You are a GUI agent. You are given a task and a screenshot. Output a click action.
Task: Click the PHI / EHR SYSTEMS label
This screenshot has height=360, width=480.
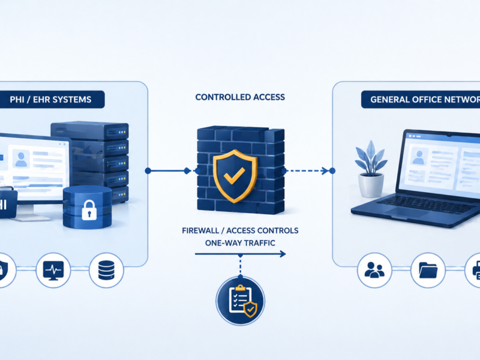(x=50, y=100)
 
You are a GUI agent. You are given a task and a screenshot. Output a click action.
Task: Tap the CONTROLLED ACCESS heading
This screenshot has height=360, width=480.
(x=240, y=97)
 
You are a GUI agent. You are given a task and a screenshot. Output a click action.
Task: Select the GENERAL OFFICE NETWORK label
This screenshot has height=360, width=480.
(x=425, y=100)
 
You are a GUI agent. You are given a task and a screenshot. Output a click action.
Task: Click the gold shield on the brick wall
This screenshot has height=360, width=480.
(x=235, y=175)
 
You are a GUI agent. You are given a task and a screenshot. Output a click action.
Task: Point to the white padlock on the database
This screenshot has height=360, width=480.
(x=89, y=210)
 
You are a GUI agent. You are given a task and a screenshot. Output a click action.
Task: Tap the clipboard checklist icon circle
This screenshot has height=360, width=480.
(x=241, y=301)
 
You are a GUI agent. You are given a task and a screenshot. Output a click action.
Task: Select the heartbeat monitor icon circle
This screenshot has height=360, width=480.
(x=53, y=271)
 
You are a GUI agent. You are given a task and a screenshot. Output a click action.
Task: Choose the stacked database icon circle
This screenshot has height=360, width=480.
(x=106, y=271)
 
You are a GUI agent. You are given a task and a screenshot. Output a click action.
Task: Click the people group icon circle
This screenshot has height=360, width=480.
(x=374, y=271)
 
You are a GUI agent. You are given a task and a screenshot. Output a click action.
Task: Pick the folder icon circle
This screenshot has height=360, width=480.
(x=428, y=271)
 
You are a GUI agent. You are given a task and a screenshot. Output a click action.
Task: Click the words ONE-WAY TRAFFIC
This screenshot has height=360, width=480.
(x=240, y=243)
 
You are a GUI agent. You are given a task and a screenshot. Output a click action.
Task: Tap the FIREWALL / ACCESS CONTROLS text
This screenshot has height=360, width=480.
(x=240, y=230)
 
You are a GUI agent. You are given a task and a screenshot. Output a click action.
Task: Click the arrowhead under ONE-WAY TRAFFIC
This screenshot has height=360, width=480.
(x=283, y=254)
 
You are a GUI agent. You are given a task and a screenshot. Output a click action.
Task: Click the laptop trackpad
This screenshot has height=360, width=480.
(x=404, y=212)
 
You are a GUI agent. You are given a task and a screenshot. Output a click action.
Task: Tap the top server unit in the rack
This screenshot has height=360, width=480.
(x=89, y=131)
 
